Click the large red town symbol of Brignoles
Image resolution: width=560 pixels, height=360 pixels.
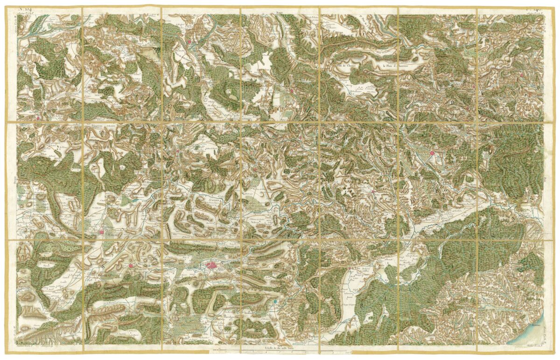click(x=211, y=266)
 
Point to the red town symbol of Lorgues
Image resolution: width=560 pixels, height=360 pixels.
click(x=373, y=191)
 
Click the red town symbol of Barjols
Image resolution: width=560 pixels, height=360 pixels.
click(x=178, y=151)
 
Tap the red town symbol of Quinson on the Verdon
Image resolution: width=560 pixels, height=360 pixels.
click(x=190, y=42)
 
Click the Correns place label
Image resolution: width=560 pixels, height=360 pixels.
click(x=214, y=199)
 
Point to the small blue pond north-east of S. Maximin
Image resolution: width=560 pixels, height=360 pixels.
click(x=135, y=200)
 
